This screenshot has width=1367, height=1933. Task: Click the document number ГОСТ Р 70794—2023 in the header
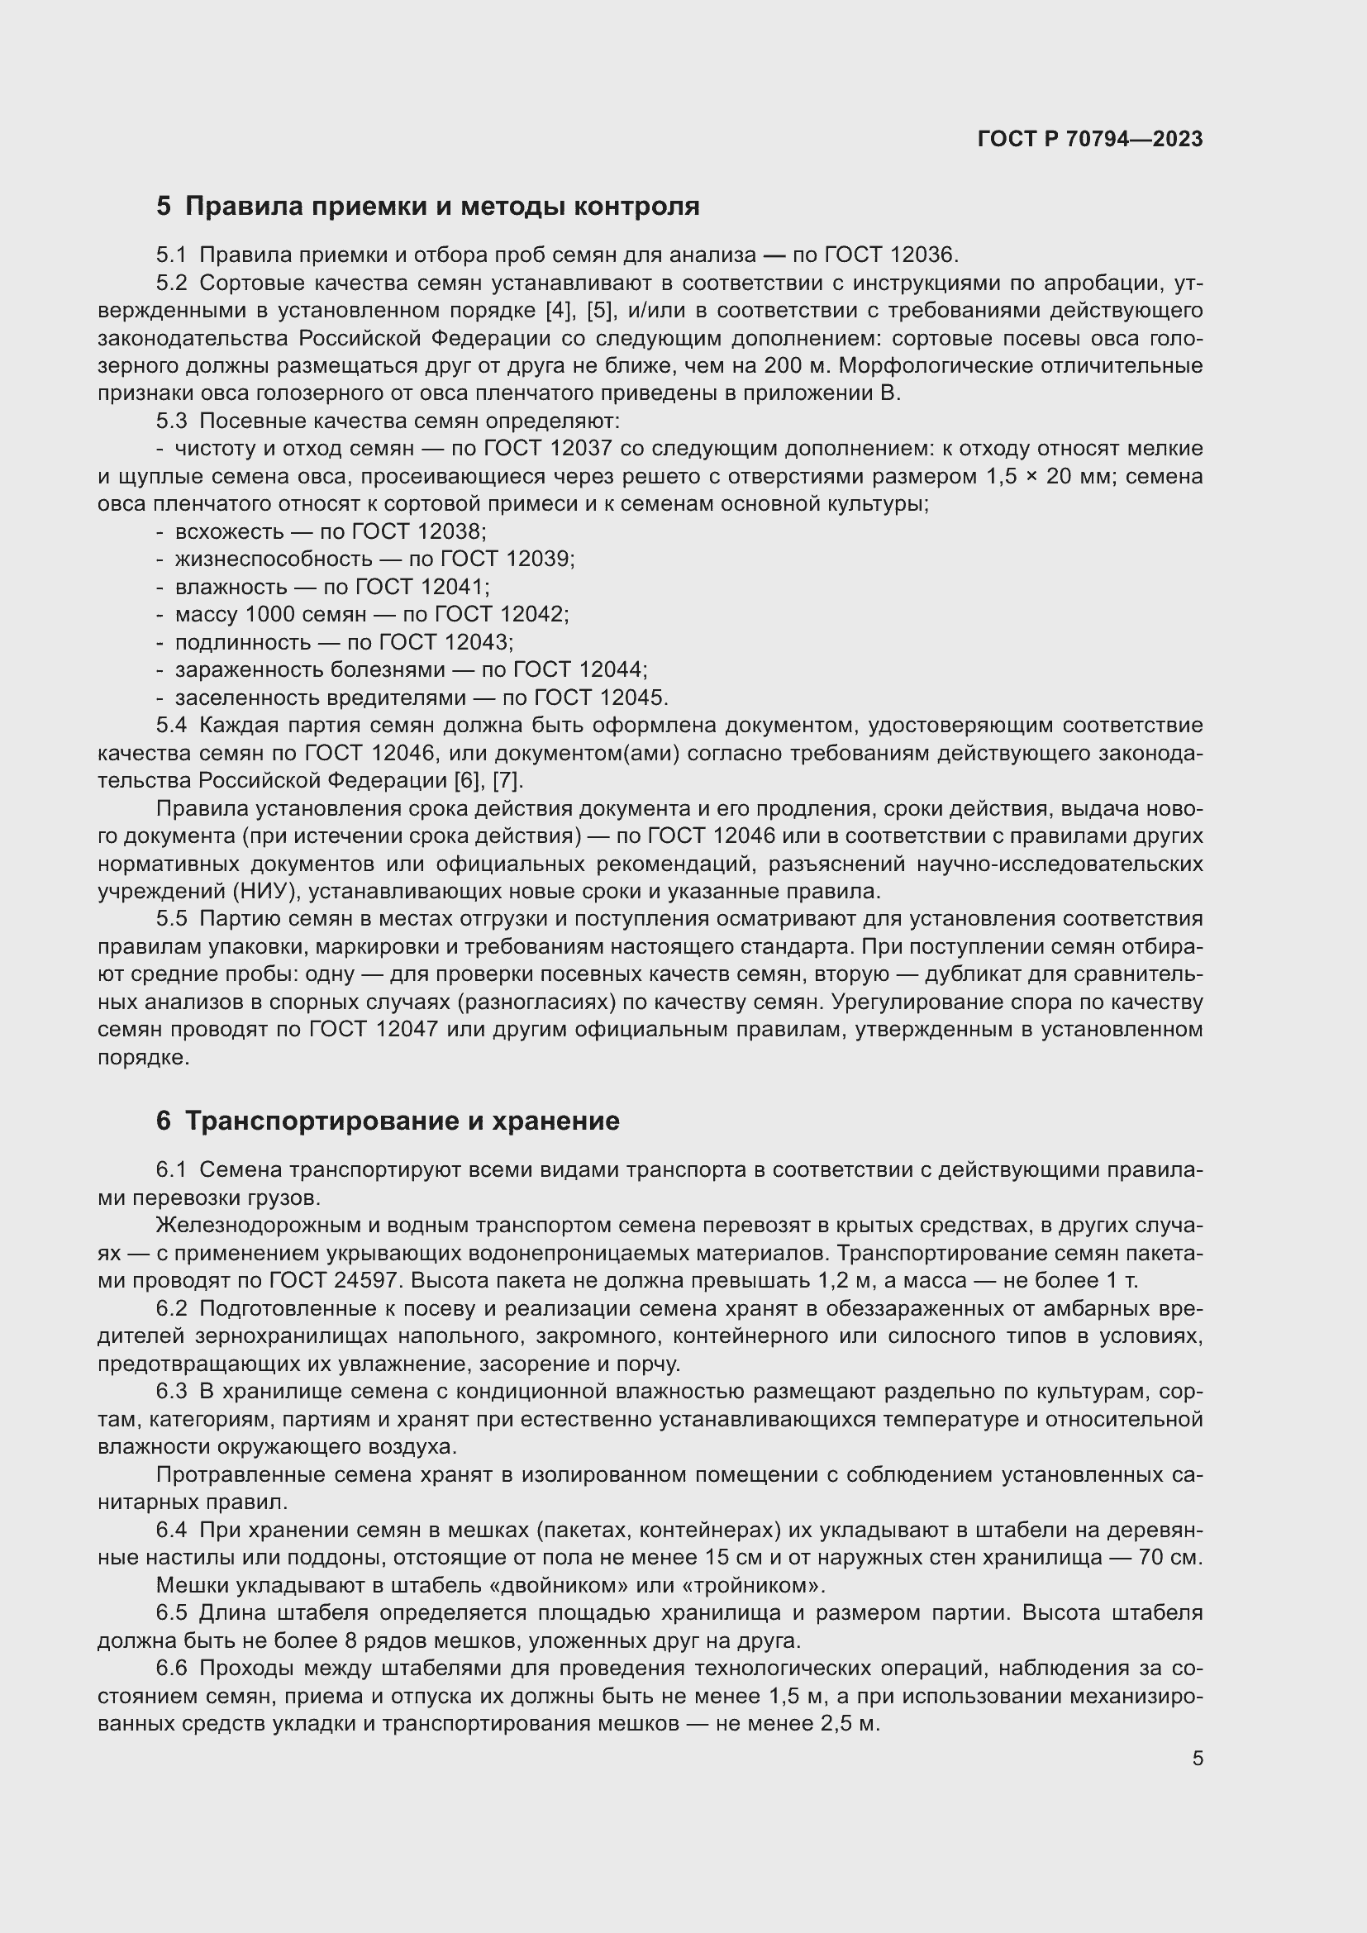click(x=1090, y=139)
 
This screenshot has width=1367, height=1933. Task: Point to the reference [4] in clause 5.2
click(x=558, y=311)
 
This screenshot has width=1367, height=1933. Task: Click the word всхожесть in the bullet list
click(x=228, y=532)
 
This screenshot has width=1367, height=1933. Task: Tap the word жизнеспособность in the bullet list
click(x=274, y=559)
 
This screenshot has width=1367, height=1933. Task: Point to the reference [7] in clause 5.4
click(x=507, y=780)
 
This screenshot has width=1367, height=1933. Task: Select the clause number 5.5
click(x=172, y=918)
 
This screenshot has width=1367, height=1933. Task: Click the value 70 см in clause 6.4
click(x=1171, y=1559)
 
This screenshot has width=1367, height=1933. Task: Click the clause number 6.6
click(x=172, y=1669)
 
